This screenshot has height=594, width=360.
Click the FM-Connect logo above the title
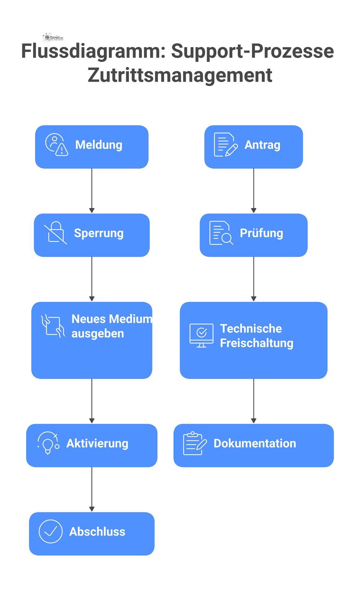click(53, 37)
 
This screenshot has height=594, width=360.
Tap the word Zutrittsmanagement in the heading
click(180, 75)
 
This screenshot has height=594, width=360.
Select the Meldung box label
click(99, 145)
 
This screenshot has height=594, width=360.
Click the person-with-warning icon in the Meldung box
click(57, 144)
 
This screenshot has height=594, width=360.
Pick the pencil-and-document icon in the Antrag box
click(225, 144)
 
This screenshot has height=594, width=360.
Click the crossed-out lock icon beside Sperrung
click(56, 233)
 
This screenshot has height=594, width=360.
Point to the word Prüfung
click(261, 233)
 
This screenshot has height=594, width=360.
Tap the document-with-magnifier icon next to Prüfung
click(221, 233)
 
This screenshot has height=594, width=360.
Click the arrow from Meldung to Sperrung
click(92, 191)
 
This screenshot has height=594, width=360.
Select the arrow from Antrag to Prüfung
click(254, 191)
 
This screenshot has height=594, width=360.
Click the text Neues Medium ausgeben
click(111, 326)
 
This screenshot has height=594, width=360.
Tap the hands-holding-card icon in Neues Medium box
click(53, 326)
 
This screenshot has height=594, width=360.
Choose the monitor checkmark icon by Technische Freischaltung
click(201, 335)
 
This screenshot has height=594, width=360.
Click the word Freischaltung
click(256, 343)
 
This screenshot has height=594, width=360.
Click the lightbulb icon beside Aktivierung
click(48, 443)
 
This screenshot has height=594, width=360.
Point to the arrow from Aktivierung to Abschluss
click(92, 489)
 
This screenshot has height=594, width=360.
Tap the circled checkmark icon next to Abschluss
click(50, 531)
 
